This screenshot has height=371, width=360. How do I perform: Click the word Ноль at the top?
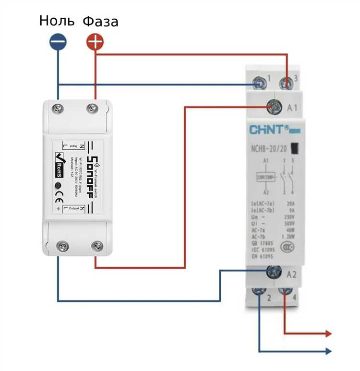click(x=57, y=21)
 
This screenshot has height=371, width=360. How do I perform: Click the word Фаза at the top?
click(x=100, y=21)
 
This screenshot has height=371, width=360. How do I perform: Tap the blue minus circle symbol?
click(x=58, y=42)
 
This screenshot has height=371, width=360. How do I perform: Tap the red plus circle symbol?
click(x=95, y=42)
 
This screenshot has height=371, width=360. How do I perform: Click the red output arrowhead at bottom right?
click(x=328, y=333)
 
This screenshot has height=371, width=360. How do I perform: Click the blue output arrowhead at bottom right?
click(x=328, y=351)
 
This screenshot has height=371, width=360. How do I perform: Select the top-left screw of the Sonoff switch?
click(x=59, y=108)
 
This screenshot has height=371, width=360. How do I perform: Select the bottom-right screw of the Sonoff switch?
click(x=96, y=247)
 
